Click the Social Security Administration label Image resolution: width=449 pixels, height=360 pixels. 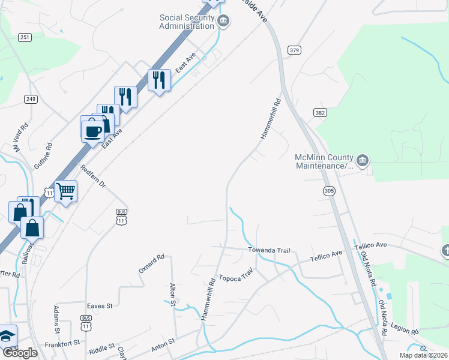[x=187, y=22]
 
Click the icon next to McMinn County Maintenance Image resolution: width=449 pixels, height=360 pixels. [x=363, y=160]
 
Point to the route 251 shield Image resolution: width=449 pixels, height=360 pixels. [x=25, y=38]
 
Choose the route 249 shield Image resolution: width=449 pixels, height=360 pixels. [x=31, y=98]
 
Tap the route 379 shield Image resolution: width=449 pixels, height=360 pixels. [x=294, y=50]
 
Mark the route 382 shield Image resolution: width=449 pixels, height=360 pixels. [x=319, y=112]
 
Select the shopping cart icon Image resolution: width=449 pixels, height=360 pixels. [x=66, y=191]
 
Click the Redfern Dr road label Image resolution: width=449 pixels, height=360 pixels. [x=93, y=177]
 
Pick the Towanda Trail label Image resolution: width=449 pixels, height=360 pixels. [x=269, y=250]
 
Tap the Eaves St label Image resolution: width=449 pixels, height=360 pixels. [x=100, y=305]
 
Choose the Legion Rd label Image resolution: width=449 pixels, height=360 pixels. [x=404, y=329]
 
